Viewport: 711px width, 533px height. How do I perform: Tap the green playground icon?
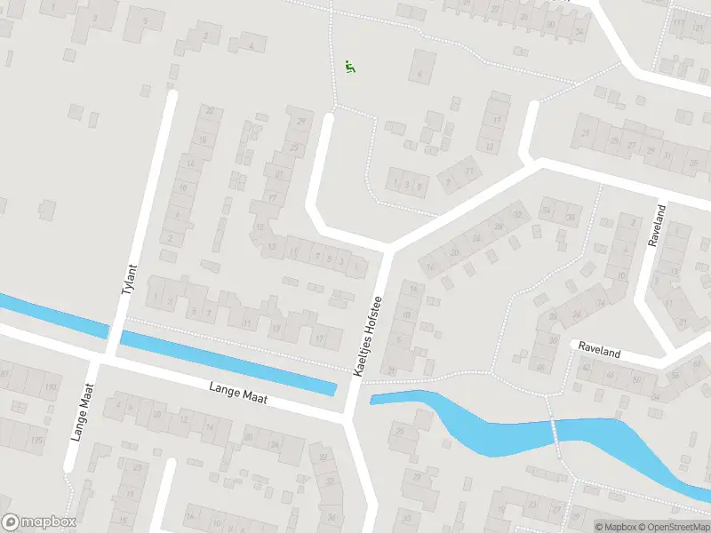coord(350,67)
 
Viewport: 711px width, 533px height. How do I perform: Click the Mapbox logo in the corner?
coord(39,522)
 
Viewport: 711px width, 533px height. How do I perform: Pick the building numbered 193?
coord(51,386)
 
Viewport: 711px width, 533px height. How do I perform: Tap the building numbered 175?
coord(36,441)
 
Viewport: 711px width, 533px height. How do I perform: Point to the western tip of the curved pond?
coord(373,399)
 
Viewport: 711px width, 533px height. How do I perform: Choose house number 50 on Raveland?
coord(636,380)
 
